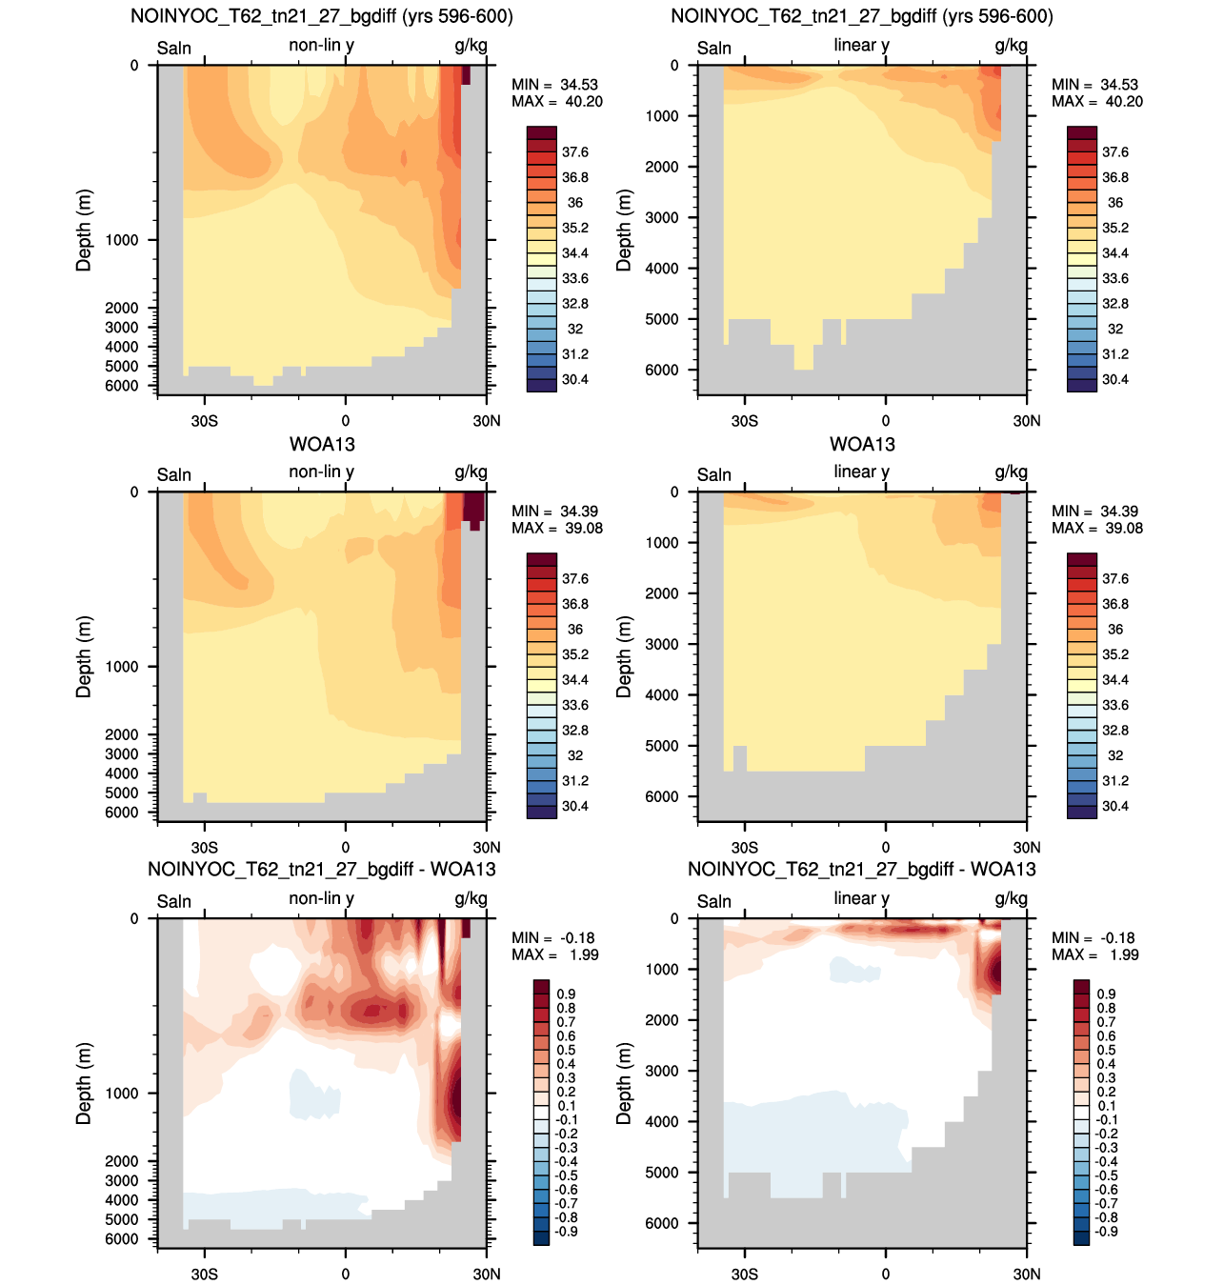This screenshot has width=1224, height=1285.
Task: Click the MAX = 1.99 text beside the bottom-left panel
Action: click(555, 954)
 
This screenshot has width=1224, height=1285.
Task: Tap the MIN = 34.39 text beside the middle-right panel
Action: click(1095, 512)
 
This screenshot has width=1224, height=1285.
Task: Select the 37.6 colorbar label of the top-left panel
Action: click(574, 151)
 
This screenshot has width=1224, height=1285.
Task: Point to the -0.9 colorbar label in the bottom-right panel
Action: click(1106, 1232)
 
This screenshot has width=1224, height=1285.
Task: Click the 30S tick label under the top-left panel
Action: click(204, 421)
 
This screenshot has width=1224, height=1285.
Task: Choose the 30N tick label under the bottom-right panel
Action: click(1027, 1274)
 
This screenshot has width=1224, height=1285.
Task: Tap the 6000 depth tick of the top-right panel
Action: click(662, 370)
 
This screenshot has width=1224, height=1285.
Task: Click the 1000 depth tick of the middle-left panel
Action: click(122, 667)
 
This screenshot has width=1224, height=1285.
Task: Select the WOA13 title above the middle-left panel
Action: click(322, 445)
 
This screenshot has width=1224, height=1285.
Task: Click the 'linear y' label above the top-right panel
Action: click(861, 46)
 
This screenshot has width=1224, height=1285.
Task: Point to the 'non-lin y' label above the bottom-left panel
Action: click(321, 898)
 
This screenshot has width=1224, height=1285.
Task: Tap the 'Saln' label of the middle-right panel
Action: click(714, 474)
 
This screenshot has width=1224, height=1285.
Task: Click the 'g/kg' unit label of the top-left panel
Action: click(471, 46)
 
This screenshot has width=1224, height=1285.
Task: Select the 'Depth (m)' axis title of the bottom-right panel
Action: click(624, 1083)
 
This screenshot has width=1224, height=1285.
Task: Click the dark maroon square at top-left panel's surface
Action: click(466, 74)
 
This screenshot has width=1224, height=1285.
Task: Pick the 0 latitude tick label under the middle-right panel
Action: click(885, 848)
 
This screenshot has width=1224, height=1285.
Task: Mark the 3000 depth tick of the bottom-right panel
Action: click(662, 1071)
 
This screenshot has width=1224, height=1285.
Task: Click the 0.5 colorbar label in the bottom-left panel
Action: click(566, 1050)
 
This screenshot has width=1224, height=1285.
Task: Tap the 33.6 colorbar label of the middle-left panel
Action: click(574, 705)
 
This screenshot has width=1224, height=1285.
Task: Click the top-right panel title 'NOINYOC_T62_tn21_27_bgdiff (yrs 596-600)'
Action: click(862, 15)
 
